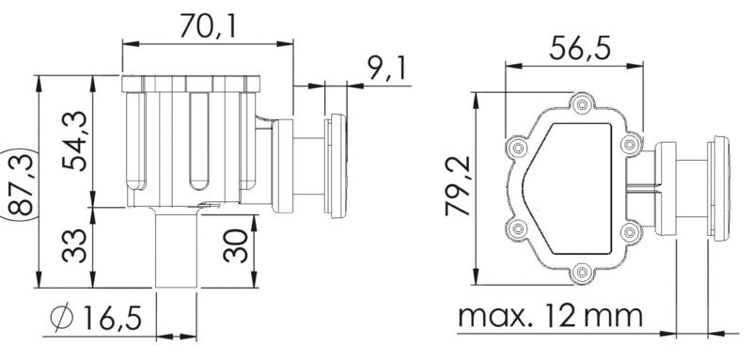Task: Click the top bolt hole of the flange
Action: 584,102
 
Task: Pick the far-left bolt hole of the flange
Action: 513,148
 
